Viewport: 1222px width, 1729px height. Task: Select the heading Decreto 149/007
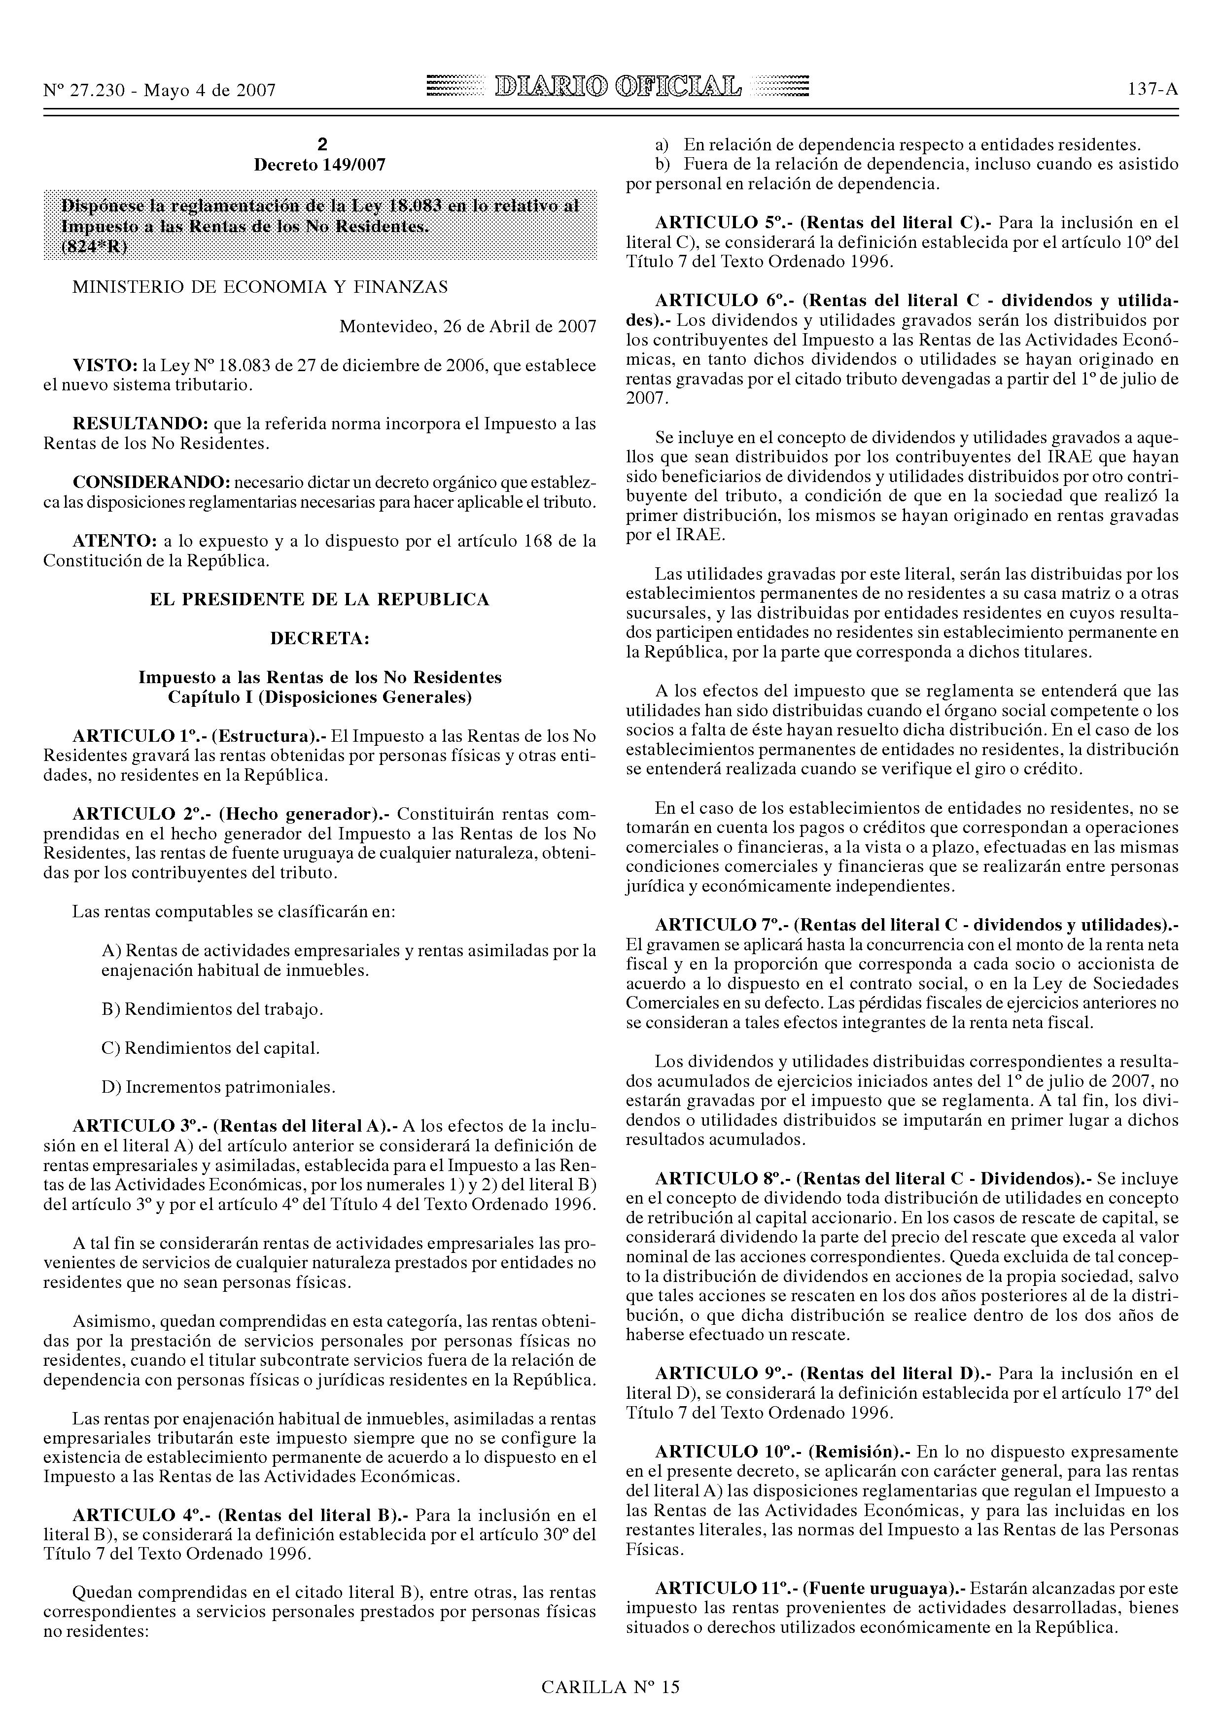click(x=319, y=165)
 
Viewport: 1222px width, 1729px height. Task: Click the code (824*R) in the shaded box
click(x=94, y=247)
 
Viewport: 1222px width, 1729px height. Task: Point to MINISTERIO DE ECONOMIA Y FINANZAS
click(x=260, y=287)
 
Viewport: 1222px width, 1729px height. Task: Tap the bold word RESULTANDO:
click(x=140, y=424)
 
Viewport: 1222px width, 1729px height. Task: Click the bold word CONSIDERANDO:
click(x=150, y=482)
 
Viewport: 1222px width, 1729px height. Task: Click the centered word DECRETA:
click(x=319, y=639)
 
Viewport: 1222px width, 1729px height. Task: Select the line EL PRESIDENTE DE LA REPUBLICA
click(x=319, y=599)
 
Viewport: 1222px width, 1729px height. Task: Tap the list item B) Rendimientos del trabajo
click(x=212, y=1009)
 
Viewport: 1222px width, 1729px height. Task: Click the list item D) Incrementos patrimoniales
click(x=218, y=1087)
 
